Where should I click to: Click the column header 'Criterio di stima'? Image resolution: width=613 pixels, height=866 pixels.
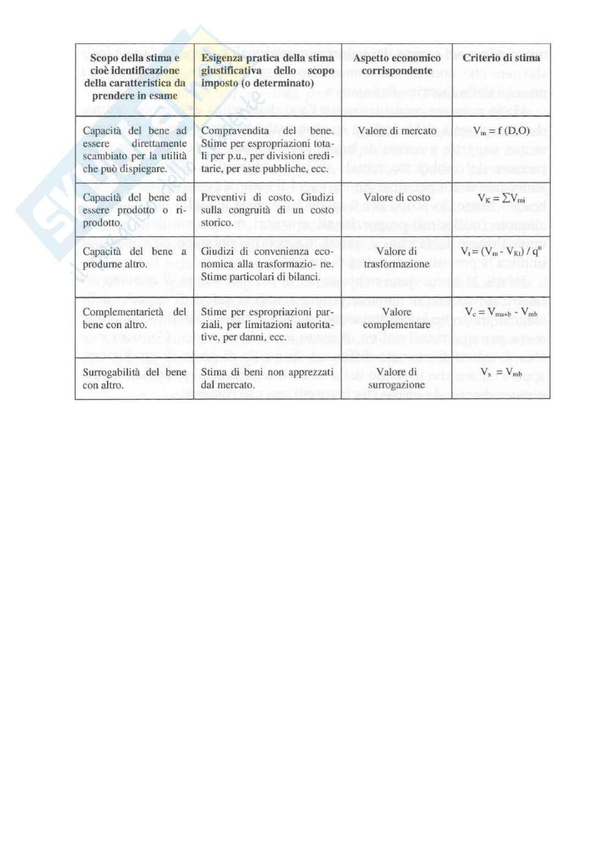pyautogui.click(x=501, y=58)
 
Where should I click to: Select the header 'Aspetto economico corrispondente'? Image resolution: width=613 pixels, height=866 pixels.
pyautogui.click(x=397, y=64)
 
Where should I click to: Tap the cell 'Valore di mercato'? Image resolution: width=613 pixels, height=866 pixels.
pyautogui.click(x=397, y=131)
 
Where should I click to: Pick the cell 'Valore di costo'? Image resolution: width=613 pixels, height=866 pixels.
pyautogui.click(x=397, y=198)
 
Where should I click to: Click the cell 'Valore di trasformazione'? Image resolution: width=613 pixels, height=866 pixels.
pyautogui.click(x=397, y=258)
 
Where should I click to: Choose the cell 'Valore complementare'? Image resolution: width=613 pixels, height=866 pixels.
pyautogui.click(x=397, y=318)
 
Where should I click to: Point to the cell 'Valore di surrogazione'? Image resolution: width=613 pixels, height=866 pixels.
pyautogui.click(x=397, y=379)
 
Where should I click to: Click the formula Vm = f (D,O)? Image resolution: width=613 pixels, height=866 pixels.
pyautogui.click(x=501, y=131)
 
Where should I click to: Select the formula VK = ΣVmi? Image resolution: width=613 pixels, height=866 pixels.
pyautogui.click(x=501, y=199)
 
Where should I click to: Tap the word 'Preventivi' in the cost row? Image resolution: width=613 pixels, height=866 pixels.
pyautogui.click(x=222, y=198)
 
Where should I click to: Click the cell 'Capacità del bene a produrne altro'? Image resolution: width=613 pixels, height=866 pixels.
pyautogui.click(x=134, y=258)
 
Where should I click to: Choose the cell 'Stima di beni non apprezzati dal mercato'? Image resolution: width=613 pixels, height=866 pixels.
pyautogui.click(x=267, y=379)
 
